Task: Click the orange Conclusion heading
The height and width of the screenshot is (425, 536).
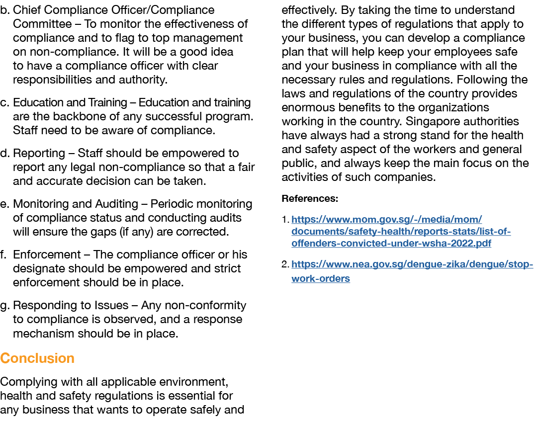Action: click(37, 358)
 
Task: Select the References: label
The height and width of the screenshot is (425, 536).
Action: click(310, 199)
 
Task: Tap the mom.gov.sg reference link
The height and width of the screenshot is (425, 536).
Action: click(401, 232)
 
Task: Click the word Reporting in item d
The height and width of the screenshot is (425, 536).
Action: click(39, 153)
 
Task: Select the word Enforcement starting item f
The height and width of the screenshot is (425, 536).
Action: click(46, 255)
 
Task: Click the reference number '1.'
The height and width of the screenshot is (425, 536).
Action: click(285, 220)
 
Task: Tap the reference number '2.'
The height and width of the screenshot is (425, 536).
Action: click(285, 264)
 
